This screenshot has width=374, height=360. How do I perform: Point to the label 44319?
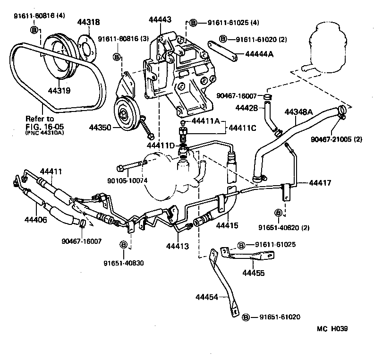click(58, 88)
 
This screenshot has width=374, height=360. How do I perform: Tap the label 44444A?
click(259, 54)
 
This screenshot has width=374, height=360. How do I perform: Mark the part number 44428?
click(246, 108)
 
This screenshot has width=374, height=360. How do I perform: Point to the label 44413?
click(178, 246)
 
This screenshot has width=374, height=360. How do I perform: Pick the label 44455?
click(254, 273)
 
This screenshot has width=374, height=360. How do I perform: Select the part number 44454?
click(207, 297)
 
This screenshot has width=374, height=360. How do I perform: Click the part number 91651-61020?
click(279, 317)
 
